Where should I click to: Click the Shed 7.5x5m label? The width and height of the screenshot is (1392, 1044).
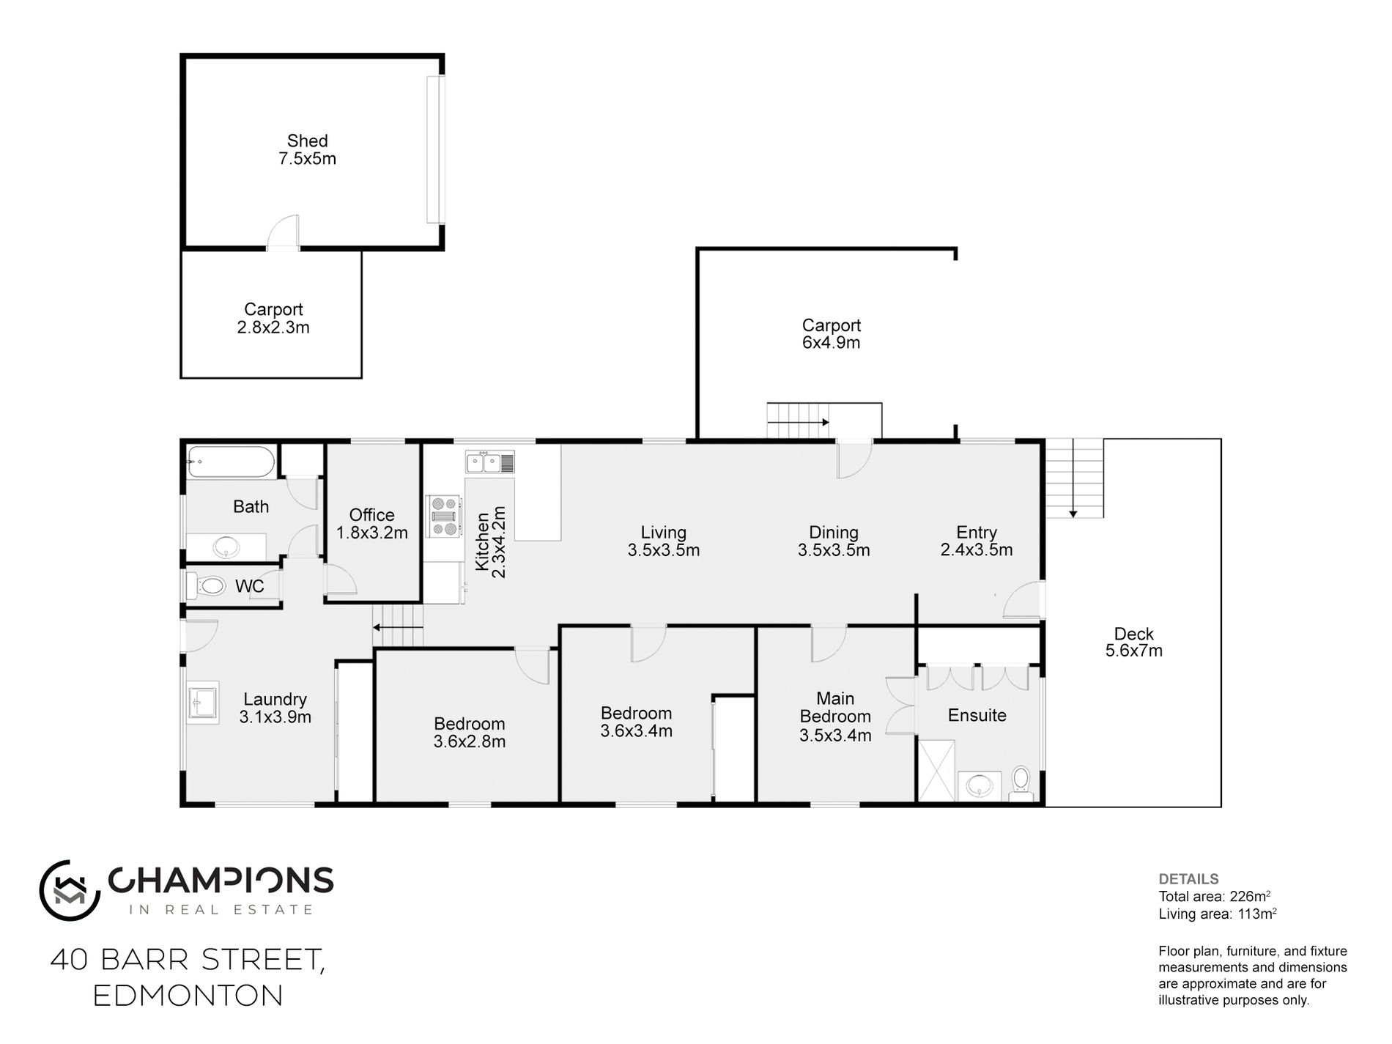point(307,149)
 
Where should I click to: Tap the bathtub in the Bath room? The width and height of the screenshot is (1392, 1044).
point(231,462)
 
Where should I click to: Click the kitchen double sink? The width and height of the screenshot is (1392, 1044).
point(489,462)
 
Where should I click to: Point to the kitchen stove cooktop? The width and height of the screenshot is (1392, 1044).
point(444,517)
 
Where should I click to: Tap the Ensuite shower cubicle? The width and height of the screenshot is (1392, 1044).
point(937,769)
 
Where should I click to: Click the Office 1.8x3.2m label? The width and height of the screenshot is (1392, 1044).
point(372,524)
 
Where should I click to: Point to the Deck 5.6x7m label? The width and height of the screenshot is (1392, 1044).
point(1133,642)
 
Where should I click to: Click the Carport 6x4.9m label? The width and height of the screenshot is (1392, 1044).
point(831,333)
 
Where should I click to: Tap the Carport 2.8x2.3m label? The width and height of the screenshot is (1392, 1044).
point(273,318)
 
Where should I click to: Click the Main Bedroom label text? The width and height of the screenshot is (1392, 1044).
point(835,708)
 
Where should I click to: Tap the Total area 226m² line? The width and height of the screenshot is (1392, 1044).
point(1214,896)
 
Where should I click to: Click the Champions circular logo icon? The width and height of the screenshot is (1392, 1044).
point(70,890)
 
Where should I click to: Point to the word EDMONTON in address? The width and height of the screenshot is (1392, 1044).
point(188,996)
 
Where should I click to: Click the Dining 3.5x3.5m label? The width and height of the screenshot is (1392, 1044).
point(834,541)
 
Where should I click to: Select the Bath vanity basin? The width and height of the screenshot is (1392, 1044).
point(226,546)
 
